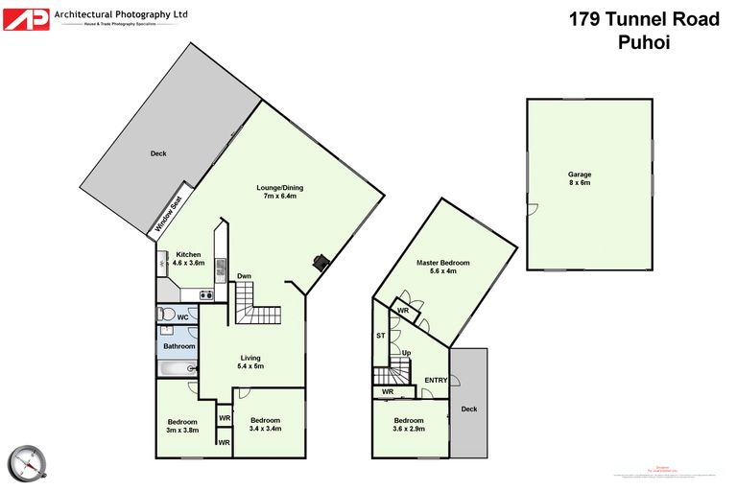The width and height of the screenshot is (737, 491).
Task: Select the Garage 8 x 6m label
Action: [x=579, y=178]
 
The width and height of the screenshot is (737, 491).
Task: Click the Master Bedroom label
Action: [x=442, y=267]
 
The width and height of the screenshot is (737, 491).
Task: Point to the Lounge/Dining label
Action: [x=278, y=192]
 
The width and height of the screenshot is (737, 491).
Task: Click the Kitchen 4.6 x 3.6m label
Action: [x=188, y=258]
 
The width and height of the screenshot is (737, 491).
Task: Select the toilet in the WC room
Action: [x=166, y=314]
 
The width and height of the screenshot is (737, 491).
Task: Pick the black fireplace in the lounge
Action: [x=320, y=262]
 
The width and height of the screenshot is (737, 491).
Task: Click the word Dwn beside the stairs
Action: [x=245, y=277]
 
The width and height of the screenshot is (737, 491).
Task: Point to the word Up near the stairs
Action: [x=407, y=353]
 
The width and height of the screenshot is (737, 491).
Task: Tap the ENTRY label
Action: [x=436, y=380]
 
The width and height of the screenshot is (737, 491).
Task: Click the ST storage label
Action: [x=380, y=336]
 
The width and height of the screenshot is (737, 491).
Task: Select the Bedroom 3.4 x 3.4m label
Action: [x=265, y=425]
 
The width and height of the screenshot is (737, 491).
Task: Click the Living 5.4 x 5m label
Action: [x=250, y=362]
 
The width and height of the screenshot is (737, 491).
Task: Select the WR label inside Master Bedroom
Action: [x=403, y=311]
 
